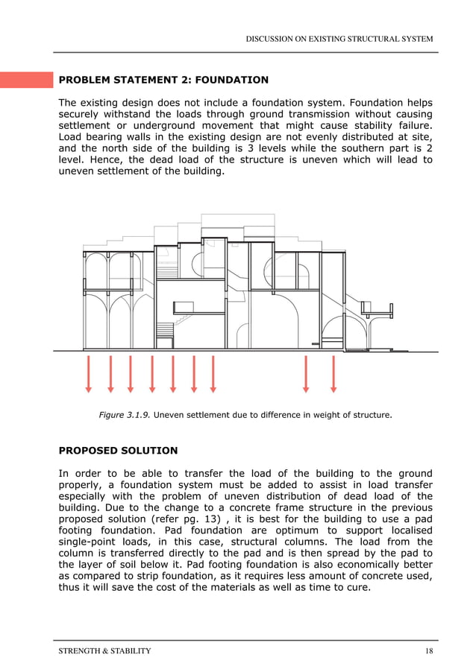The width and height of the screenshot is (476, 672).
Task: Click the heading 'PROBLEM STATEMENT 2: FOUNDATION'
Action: (x=163, y=80)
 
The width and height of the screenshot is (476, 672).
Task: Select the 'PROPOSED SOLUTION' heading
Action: (x=118, y=451)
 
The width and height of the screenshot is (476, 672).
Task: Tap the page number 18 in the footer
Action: (x=428, y=651)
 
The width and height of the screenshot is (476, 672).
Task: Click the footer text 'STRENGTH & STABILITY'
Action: (x=104, y=651)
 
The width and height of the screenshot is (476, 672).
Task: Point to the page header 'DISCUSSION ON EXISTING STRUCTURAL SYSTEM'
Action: (x=339, y=39)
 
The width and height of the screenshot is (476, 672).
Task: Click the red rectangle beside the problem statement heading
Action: (x=25, y=80)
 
